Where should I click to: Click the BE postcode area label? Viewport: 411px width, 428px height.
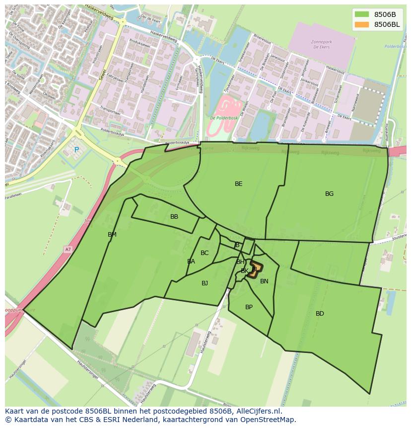(x=239, y=184)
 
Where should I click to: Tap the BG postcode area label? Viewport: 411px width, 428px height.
(x=329, y=194)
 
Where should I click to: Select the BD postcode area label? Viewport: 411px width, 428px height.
(x=320, y=314)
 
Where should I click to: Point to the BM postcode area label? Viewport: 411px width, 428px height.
(x=112, y=235)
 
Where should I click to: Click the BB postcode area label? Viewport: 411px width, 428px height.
(x=174, y=217)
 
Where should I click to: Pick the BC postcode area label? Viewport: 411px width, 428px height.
(x=205, y=253)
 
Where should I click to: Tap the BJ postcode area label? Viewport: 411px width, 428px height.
(x=205, y=283)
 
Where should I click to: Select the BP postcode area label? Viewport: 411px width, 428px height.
(x=249, y=307)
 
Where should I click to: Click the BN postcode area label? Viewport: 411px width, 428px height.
(x=264, y=281)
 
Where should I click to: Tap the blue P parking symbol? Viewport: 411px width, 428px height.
(x=76, y=150)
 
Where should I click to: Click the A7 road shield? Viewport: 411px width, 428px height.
(x=68, y=249)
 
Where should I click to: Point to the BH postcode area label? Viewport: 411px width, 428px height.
(x=240, y=262)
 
